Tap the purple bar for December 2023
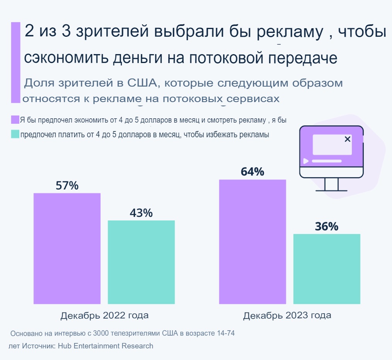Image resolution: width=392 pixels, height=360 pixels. (252, 242)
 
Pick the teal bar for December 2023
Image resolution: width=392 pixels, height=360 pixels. (327, 269)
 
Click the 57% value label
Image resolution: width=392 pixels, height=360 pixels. (67, 186)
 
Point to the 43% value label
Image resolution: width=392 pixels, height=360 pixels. (141, 213)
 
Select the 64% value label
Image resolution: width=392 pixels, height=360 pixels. (252, 172)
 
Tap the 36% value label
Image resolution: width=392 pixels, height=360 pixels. (327, 227)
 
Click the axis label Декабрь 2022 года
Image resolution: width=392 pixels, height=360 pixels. (104, 315)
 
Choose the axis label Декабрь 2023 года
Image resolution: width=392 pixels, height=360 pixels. (287, 315)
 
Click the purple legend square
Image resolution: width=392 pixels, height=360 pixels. (15, 119)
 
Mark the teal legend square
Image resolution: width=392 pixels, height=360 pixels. (15, 134)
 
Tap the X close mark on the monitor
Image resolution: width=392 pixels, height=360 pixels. (347, 139)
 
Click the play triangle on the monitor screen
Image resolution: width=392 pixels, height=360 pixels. (306, 161)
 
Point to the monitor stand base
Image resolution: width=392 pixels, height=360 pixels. (331, 190)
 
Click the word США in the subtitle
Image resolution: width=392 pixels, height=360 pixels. (141, 83)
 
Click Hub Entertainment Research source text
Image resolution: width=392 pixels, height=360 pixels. (105, 346)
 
